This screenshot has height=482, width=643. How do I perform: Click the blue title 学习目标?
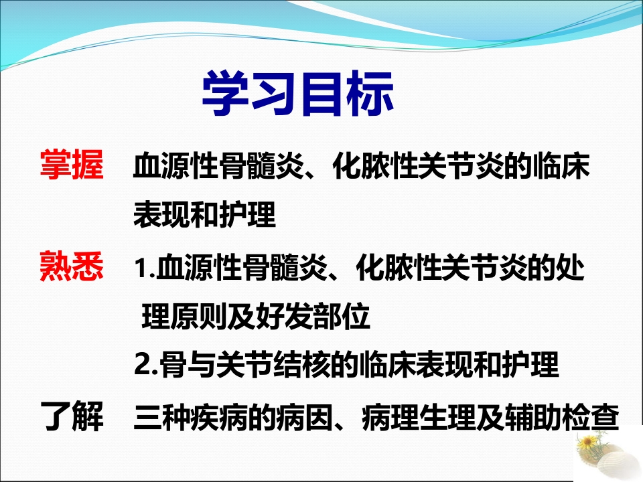(297, 94)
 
